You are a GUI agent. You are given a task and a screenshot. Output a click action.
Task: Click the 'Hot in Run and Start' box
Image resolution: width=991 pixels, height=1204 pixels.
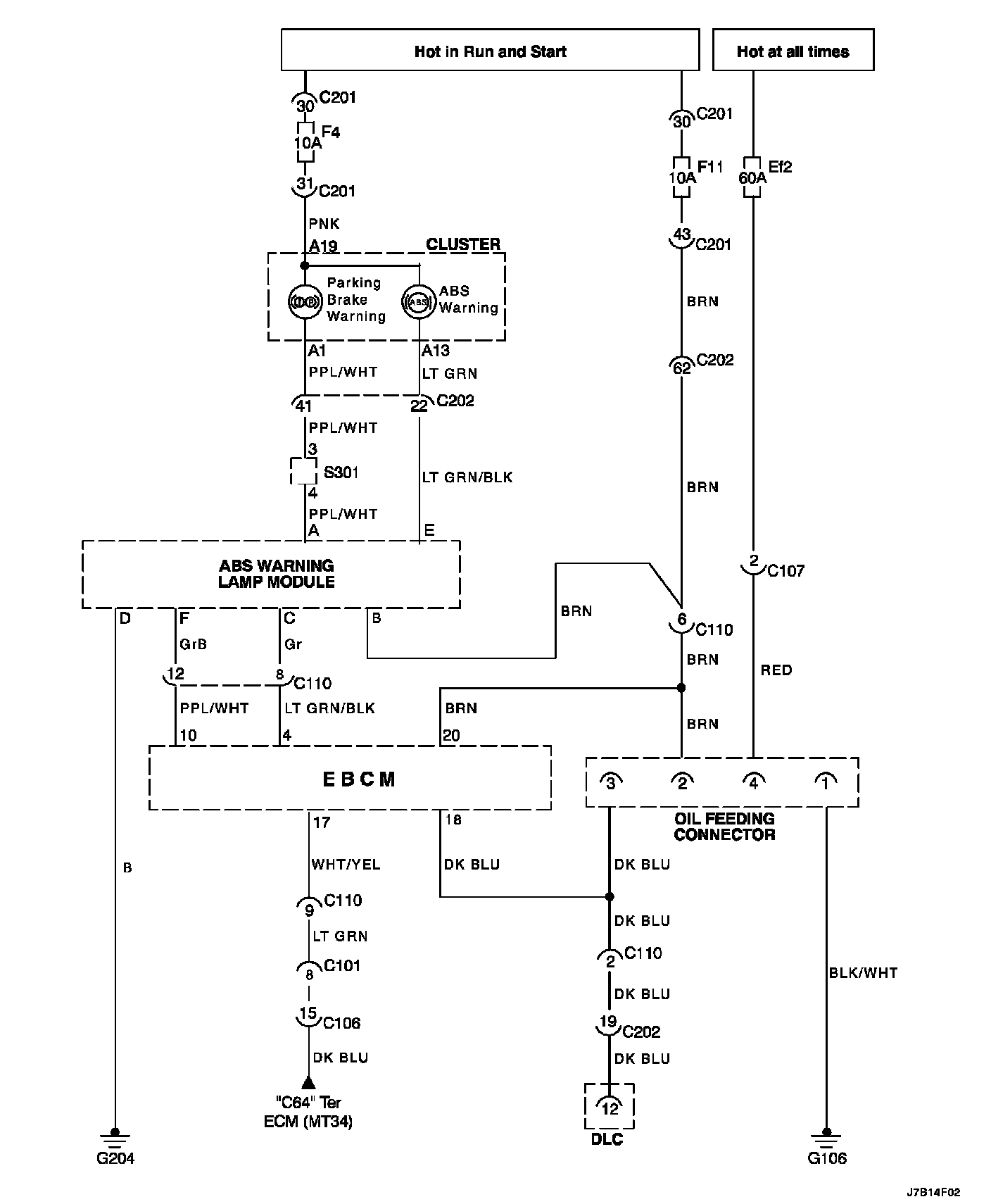[490, 50]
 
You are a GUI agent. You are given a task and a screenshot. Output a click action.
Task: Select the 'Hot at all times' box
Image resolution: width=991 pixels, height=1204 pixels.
[793, 50]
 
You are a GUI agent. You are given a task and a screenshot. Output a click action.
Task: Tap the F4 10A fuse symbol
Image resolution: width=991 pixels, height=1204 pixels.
[305, 142]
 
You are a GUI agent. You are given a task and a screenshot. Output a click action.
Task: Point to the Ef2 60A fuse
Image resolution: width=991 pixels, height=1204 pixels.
[752, 177]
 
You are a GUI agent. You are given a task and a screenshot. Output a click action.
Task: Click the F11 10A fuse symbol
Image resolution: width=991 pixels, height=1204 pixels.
[681, 177]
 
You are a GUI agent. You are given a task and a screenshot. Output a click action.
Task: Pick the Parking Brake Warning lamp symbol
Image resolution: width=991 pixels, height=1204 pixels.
[305, 301]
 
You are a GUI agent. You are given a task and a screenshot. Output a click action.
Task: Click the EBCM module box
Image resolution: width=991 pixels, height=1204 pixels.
[350, 779]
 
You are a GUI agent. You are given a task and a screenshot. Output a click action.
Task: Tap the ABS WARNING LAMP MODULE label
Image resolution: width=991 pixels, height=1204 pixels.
[276, 574]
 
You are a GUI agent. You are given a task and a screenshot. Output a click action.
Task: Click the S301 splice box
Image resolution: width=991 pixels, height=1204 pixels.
[304, 472]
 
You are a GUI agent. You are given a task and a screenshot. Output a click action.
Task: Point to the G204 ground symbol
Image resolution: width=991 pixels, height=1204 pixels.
[115, 1134]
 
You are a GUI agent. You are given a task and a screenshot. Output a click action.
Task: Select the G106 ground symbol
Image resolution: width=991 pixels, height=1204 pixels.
[826, 1134]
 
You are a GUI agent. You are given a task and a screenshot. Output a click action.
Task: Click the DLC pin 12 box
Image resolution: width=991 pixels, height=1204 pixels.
[609, 1108]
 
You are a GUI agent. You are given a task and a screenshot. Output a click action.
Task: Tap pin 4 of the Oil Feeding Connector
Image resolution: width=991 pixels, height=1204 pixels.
[753, 781]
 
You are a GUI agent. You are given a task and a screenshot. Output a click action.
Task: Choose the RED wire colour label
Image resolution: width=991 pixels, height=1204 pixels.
[776, 670]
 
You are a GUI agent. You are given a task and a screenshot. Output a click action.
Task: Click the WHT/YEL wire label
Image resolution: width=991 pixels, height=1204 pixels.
[346, 865]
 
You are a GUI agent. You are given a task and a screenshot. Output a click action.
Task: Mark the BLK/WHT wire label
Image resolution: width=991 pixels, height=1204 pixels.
[863, 973]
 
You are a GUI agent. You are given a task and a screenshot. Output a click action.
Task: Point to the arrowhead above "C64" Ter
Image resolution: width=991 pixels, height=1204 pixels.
[308, 1082]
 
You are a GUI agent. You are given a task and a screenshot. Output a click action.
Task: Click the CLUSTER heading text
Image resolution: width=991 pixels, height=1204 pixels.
[463, 244]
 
